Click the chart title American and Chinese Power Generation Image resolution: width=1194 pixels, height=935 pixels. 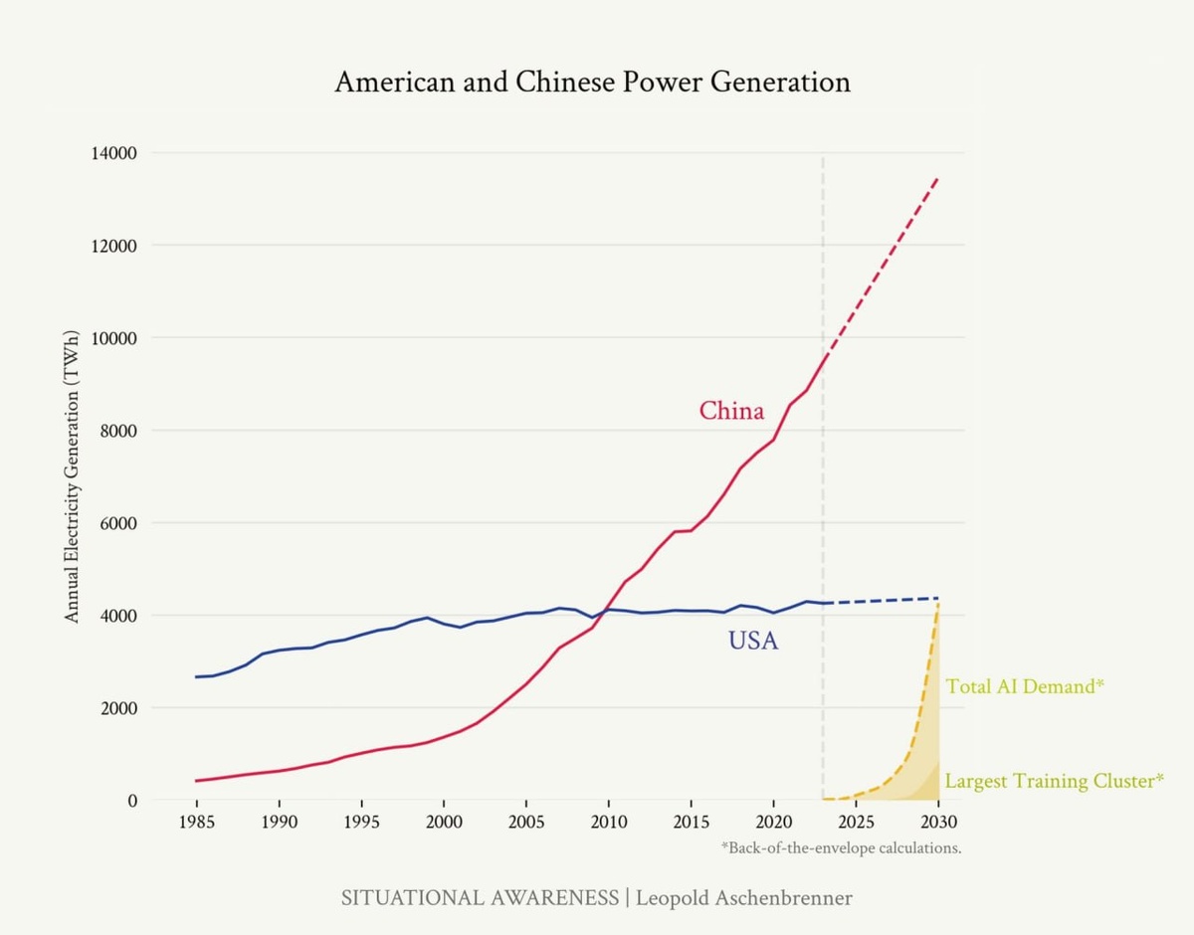click(592, 82)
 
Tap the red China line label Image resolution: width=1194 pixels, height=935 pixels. click(731, 411)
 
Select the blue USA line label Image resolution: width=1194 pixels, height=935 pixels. click(753, 642)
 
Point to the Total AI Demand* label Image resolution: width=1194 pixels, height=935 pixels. click(1025, 686)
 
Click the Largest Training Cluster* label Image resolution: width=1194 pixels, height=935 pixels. click(1054, 781)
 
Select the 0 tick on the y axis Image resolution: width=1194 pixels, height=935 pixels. click(132, 800)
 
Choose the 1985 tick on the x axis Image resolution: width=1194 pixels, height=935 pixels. click(197, 823)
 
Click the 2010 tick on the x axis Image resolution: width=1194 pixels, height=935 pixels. click(608, 823)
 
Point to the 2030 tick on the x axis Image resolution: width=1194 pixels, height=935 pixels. click(937, 823)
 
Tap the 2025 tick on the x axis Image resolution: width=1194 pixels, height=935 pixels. click(856, 823)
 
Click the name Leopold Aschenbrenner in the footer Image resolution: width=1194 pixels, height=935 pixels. click(744, 898)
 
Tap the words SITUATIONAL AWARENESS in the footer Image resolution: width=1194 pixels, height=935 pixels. click(480, 898)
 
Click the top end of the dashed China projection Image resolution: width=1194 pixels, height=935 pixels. click(937, 178)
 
